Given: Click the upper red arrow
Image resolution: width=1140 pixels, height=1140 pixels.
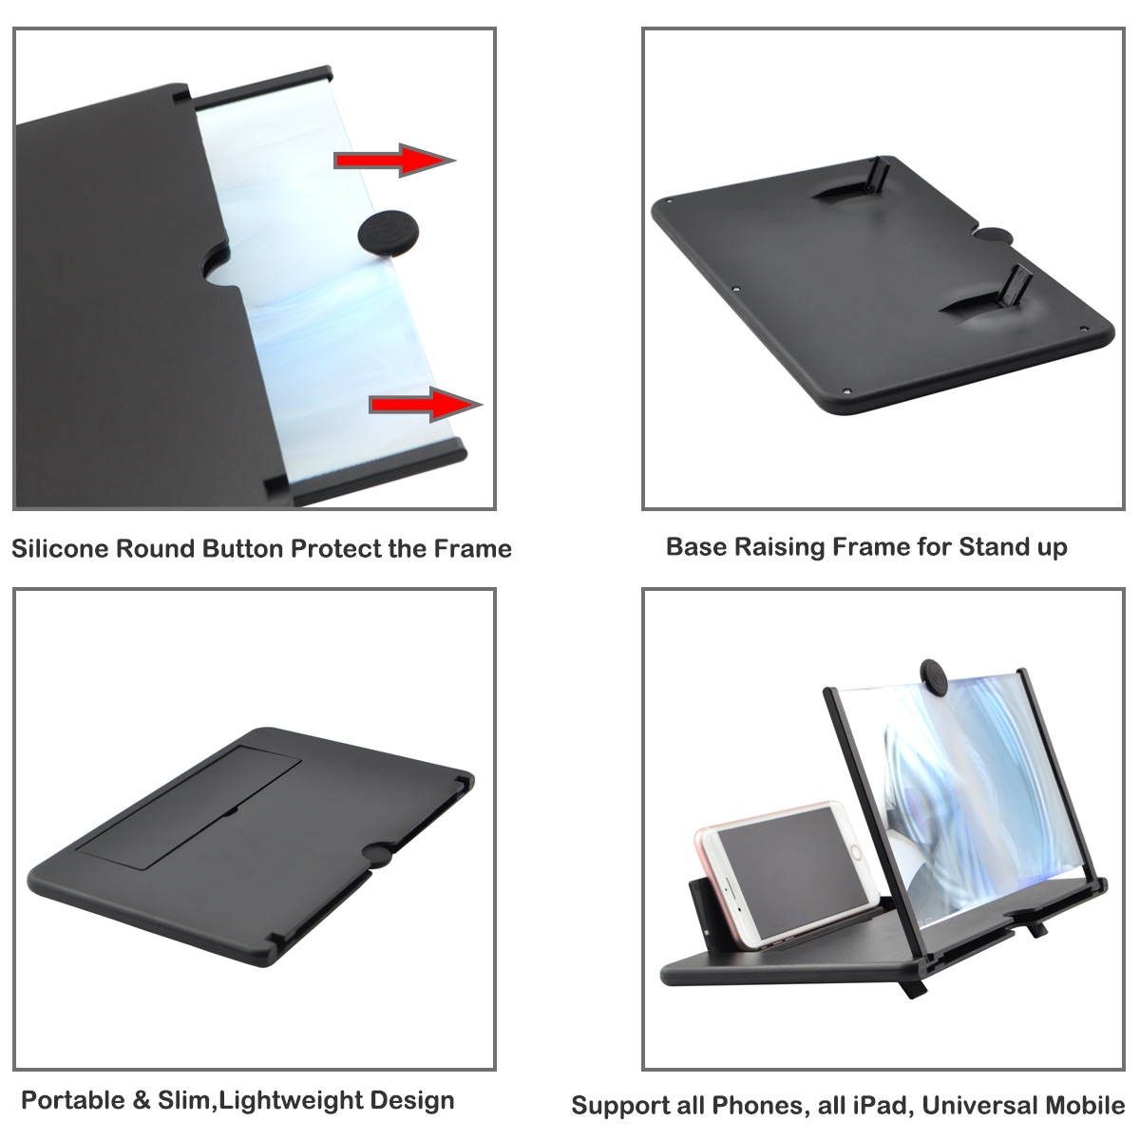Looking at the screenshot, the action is (394, 160).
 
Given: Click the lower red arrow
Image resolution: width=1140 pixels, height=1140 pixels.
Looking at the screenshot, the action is (426, 405).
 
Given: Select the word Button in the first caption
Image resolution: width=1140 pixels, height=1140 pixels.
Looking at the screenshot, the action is (243, 548).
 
